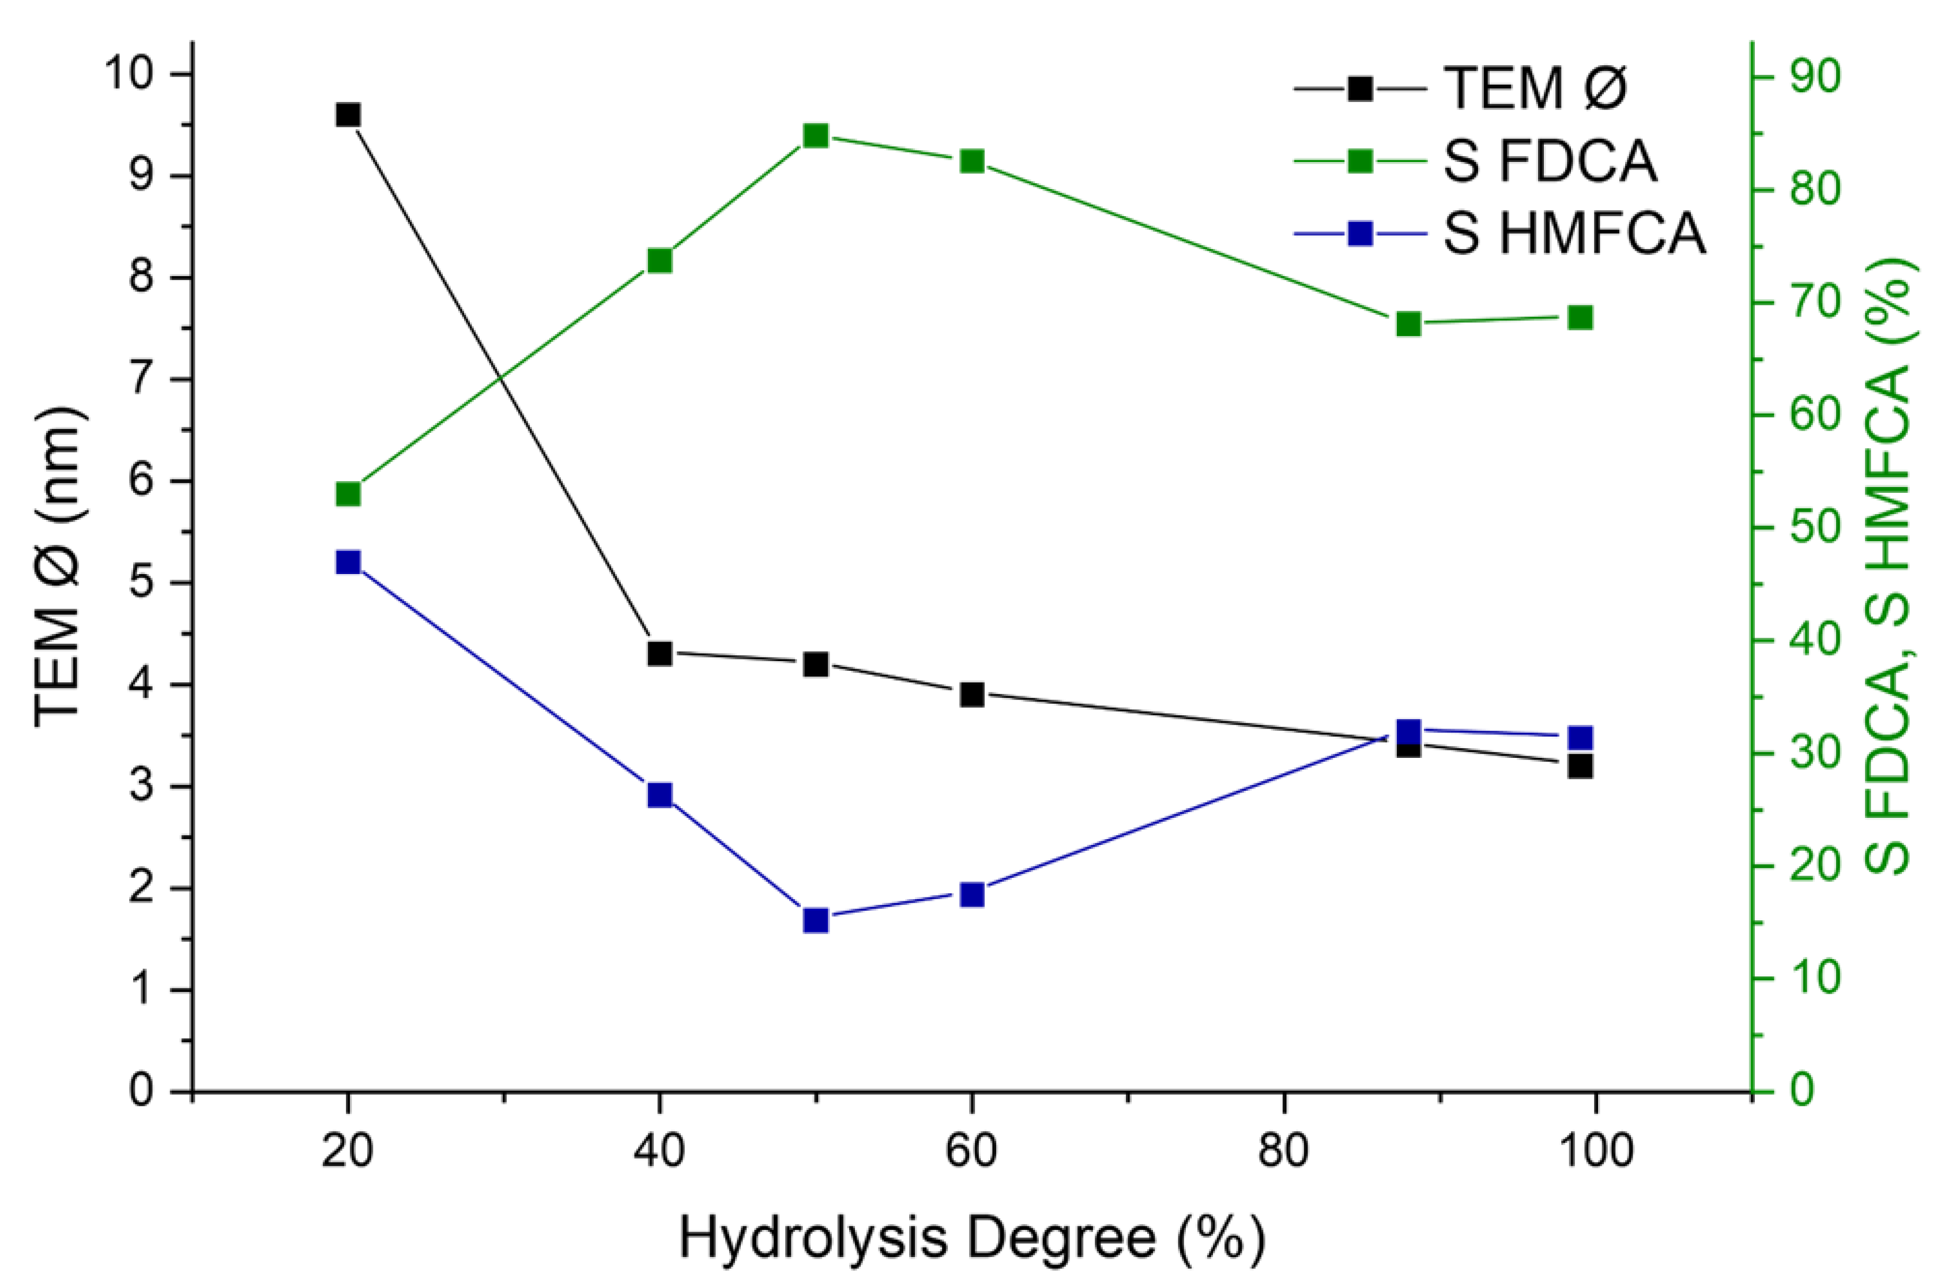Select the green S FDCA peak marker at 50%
pos(815,136)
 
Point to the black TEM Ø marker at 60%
pos(972,695)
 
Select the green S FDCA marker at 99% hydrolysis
pos(1580,318)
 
